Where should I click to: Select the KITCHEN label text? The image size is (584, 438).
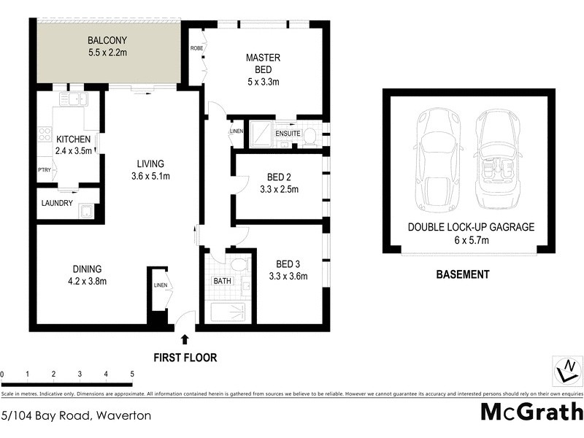point(73,139)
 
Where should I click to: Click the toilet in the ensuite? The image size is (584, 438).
point(310,135)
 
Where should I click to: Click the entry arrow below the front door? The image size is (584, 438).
point(184,339)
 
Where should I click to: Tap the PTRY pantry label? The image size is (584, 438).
point(45,170)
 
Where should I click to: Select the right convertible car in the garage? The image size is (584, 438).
point(501,158)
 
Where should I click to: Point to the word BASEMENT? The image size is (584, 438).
point(462,274)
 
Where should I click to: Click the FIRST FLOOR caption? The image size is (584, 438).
point(185,358)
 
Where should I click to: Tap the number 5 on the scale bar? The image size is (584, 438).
point(132,374)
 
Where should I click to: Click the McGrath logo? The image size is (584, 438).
point(531,411)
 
